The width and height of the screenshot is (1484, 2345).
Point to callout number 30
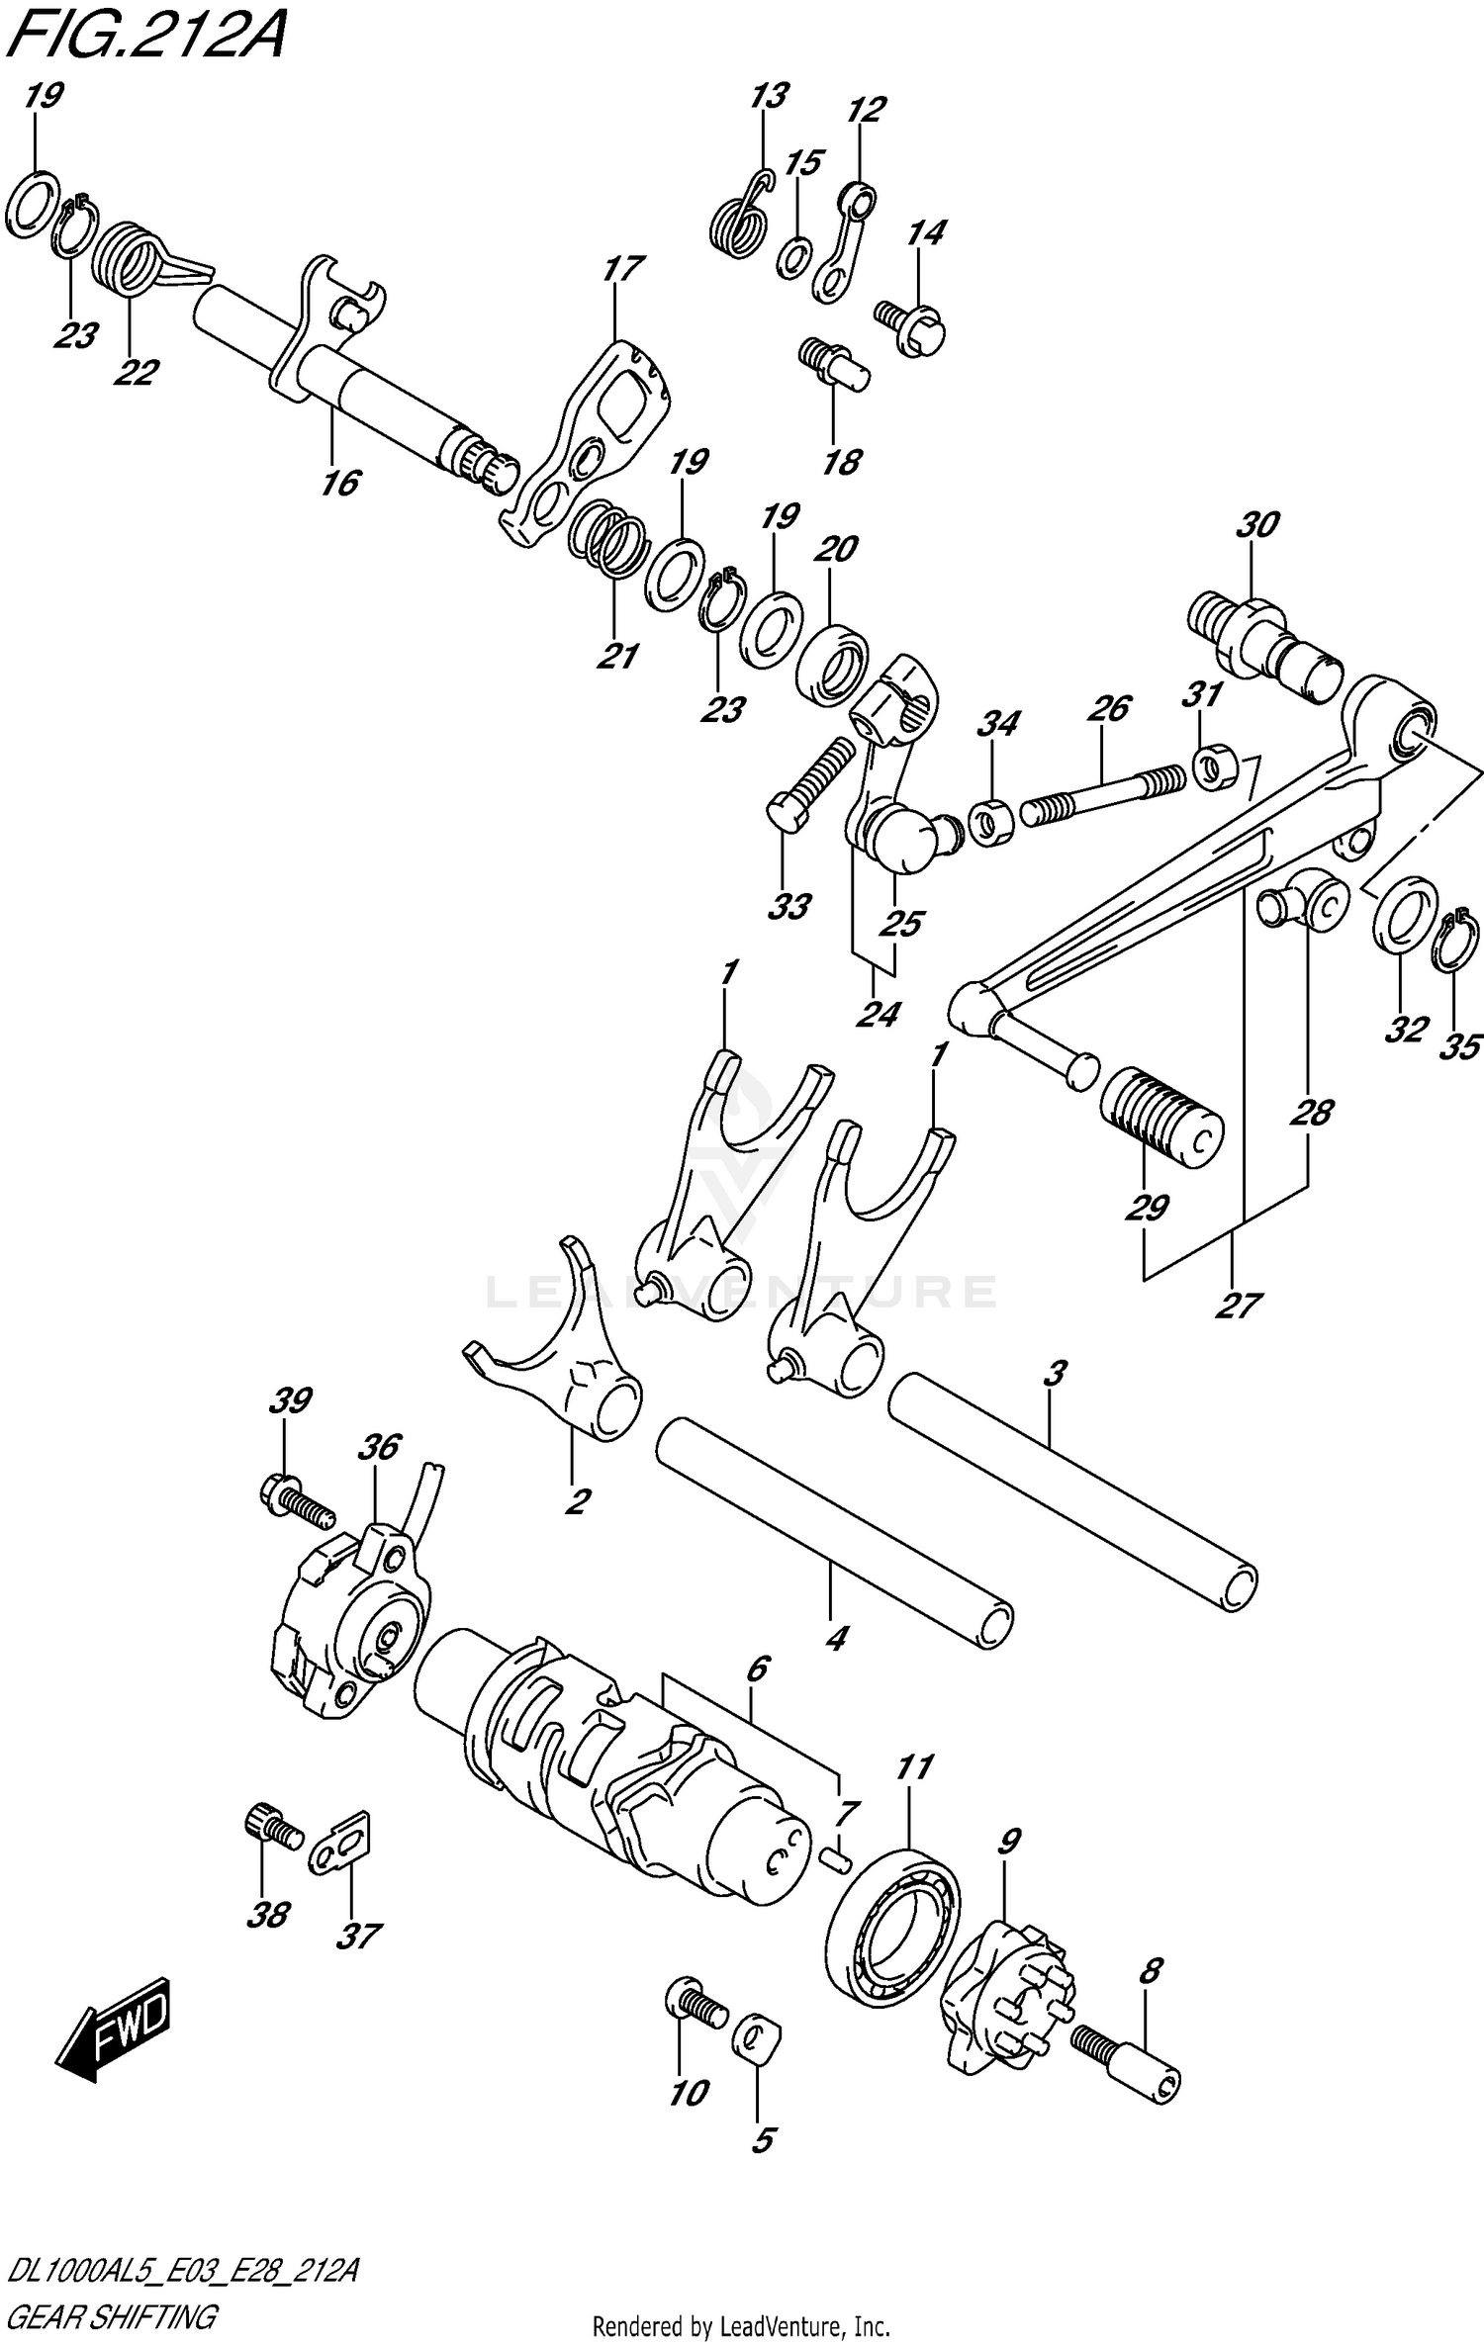coord(1256,525)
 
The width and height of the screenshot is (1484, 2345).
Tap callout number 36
coord(378,1447)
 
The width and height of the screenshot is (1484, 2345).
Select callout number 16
coord(339,485)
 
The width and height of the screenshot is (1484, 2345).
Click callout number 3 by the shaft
coord(1055,1373)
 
